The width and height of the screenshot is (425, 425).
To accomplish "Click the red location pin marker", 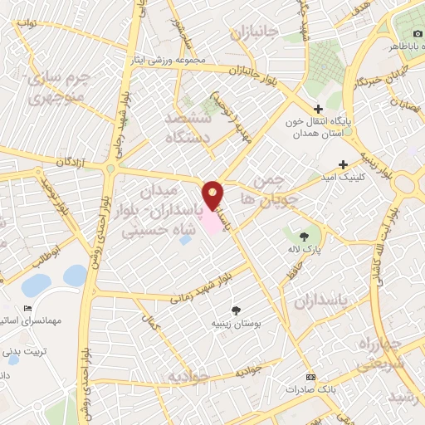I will pyautogui.click(x=214, y=195).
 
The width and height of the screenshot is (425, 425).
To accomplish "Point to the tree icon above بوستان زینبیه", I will pyautogui.click(x=237, y=310).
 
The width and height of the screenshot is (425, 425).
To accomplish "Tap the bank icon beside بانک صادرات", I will pyautogui.click(x=310, y=376).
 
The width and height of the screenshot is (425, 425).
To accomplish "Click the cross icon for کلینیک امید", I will pyautogui.click(x=343, y=164).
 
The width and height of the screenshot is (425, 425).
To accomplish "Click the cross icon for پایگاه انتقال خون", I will pyautogui.click(x=319, y=109).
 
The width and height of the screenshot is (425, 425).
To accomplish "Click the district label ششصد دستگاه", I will pyautogui.click(x=189, y=129).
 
